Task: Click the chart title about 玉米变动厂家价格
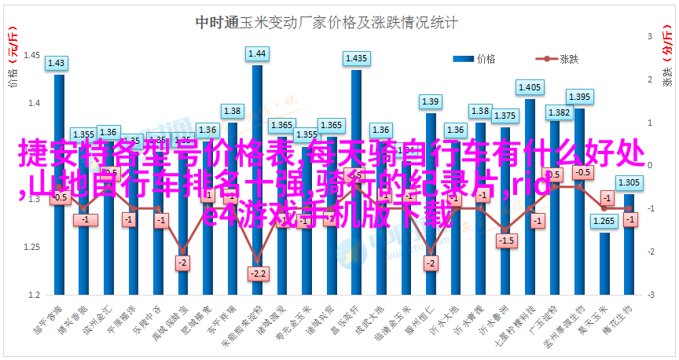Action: pos(326,23)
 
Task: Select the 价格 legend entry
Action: pos(475,58)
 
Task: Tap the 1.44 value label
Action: pos(257,53)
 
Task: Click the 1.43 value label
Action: pos(57,63)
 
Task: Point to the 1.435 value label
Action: pos(356,58)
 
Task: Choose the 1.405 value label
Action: pos(530,87)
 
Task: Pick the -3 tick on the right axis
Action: pos(651,295)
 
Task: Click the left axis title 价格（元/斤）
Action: pos(13,58)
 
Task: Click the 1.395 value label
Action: pos(579,97)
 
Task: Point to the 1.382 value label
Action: pos(558,112)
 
